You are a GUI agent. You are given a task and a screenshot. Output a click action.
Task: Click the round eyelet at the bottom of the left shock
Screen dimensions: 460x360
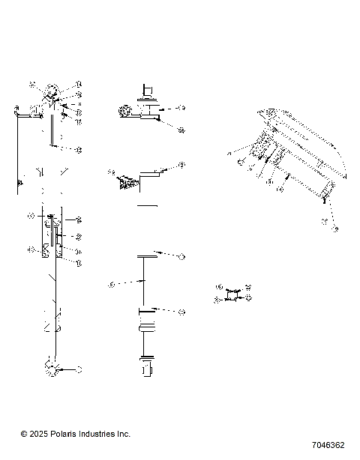point(52,369)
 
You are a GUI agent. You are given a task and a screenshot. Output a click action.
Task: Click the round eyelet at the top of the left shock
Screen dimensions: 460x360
point(52,93)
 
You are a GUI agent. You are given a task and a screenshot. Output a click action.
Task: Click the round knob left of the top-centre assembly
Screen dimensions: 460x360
point(124,112)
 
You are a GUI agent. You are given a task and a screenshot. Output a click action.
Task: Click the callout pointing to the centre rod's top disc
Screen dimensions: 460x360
point(181,256)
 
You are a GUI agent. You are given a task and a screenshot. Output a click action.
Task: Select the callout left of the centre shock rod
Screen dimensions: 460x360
point(111,284)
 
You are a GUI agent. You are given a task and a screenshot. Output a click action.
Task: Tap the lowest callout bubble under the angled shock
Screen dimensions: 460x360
point(335,228)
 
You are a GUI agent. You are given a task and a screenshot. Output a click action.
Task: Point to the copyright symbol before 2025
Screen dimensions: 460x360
point(24,434)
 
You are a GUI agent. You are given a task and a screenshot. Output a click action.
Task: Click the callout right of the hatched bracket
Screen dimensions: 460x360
point(181,166)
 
